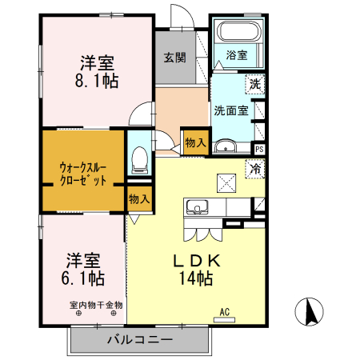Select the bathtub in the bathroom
[x=237, y=34]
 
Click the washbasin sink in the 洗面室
[x=226, y=146]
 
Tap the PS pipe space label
[x=259, y=149]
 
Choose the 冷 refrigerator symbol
[x=255, y=169]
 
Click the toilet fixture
[x=138, y=161]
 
